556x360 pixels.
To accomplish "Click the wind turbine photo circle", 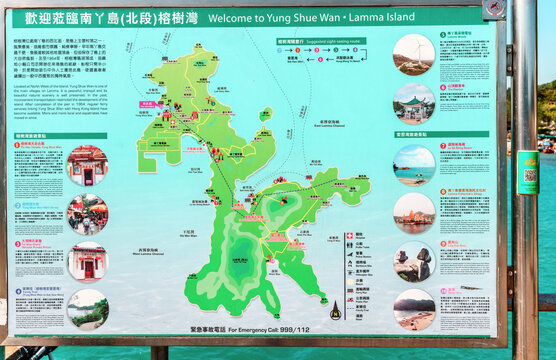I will click(x=414, y=53).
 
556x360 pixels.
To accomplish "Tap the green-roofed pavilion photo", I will click(x=414, y=102).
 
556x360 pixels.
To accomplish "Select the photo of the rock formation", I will click(x=414, y=260).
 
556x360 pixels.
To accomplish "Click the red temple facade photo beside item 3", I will click(x=88, y=260).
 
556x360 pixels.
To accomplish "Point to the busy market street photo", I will click(x=88, y=213).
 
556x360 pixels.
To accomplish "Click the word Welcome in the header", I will click(x=239, y=18).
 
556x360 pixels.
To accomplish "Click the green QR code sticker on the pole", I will click(x=528, y=172).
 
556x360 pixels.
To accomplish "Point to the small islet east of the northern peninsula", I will click(x=264, y=114).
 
